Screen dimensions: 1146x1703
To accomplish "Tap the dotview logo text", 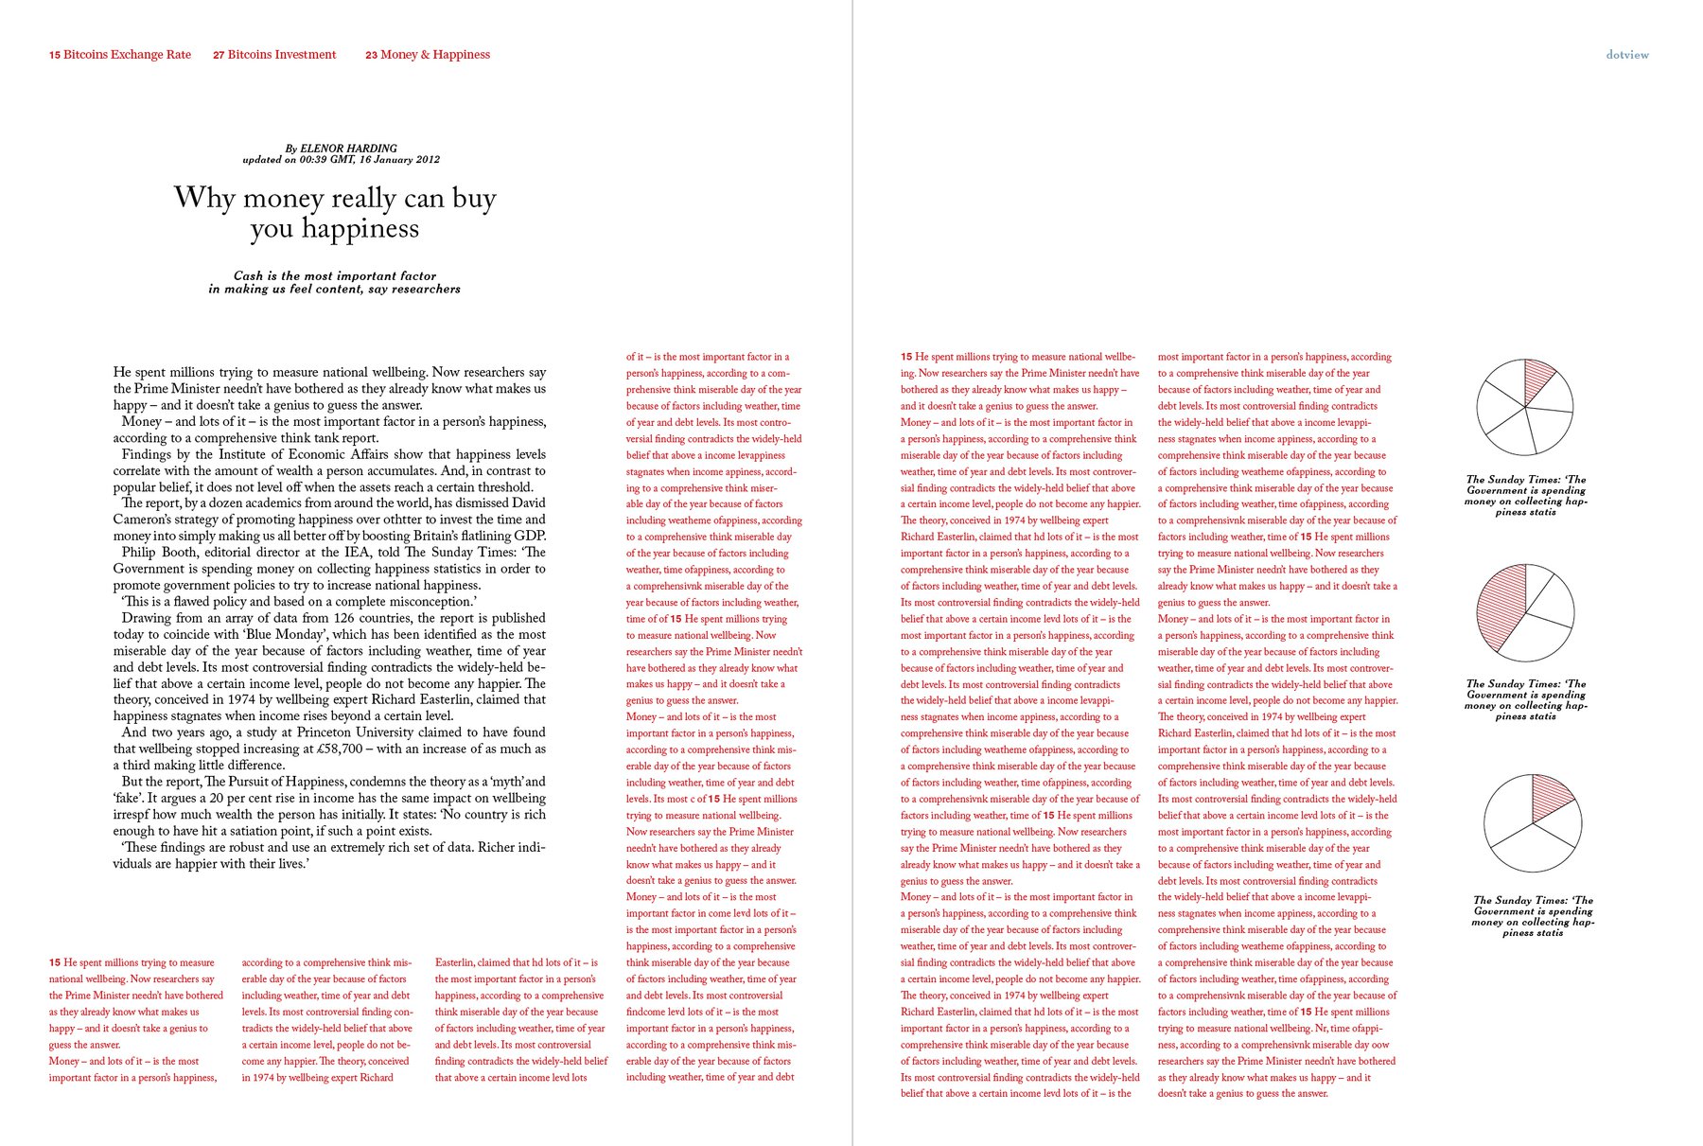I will (1627, 55).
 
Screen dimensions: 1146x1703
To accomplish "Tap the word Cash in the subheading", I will (248, 276).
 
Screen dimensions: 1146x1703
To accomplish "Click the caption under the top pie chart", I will (1526, 496).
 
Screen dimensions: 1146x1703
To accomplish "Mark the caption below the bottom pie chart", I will (1533, 916).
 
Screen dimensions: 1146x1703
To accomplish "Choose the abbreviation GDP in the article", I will (529, 537).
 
